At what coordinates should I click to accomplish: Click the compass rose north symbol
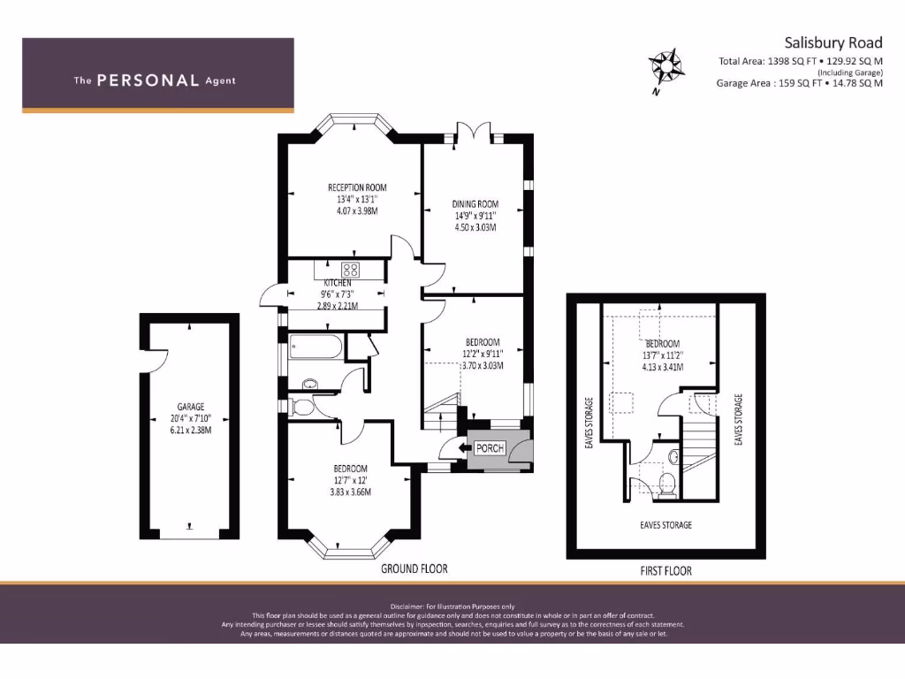click(665, 67)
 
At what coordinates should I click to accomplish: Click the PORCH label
click(490, 448)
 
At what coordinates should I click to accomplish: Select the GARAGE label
click(190, 408)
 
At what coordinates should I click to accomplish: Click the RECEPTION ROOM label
click(357, 187)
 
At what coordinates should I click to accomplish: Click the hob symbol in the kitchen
click(351, 271)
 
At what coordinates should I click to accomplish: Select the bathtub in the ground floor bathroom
click(314, 346)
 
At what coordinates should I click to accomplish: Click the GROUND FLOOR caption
click(414, 568)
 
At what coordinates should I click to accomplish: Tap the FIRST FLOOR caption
click(665, 571)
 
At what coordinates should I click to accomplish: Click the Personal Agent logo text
click(155, 80)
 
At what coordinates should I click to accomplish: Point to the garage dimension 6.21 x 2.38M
click(190, 431)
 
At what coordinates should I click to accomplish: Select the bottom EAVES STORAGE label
click(665, 524)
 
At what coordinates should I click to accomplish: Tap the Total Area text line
click(800, 61)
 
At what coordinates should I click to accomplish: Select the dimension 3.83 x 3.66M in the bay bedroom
click(350, 492)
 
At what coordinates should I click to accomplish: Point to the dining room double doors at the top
click(475, 134)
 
